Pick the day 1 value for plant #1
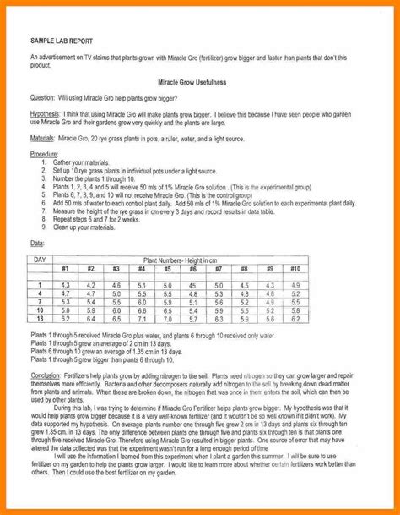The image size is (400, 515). [65, 286]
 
